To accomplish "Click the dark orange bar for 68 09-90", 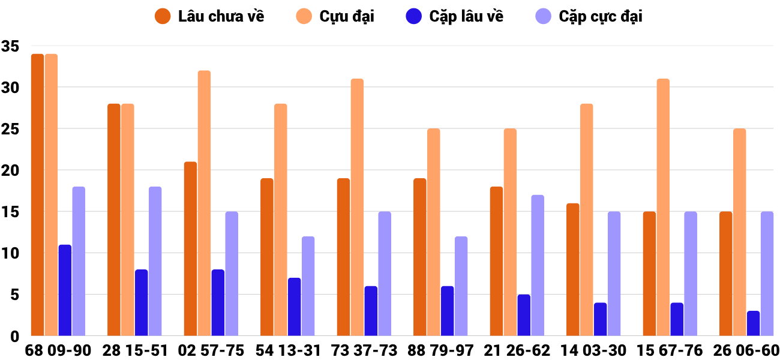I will [37, 195].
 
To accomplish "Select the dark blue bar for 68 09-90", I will [65, 290].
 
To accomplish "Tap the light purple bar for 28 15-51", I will [155, 262].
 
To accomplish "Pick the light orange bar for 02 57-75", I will [204, 203].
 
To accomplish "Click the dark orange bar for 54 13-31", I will [267, 257].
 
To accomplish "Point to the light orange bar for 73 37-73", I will [357, 208].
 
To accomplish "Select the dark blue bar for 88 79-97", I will [448, 311].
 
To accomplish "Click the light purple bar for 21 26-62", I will [538, 265].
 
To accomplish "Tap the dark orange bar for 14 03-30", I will [573, 270].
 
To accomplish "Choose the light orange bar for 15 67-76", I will [663, 208].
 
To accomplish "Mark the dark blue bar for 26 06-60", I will [754, 323].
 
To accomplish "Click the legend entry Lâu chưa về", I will [209, 16].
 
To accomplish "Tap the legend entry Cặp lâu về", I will [454, 16].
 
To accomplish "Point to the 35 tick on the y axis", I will [11, 46].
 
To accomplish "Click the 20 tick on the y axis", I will [11, 170].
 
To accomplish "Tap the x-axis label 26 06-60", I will [746, 350].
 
